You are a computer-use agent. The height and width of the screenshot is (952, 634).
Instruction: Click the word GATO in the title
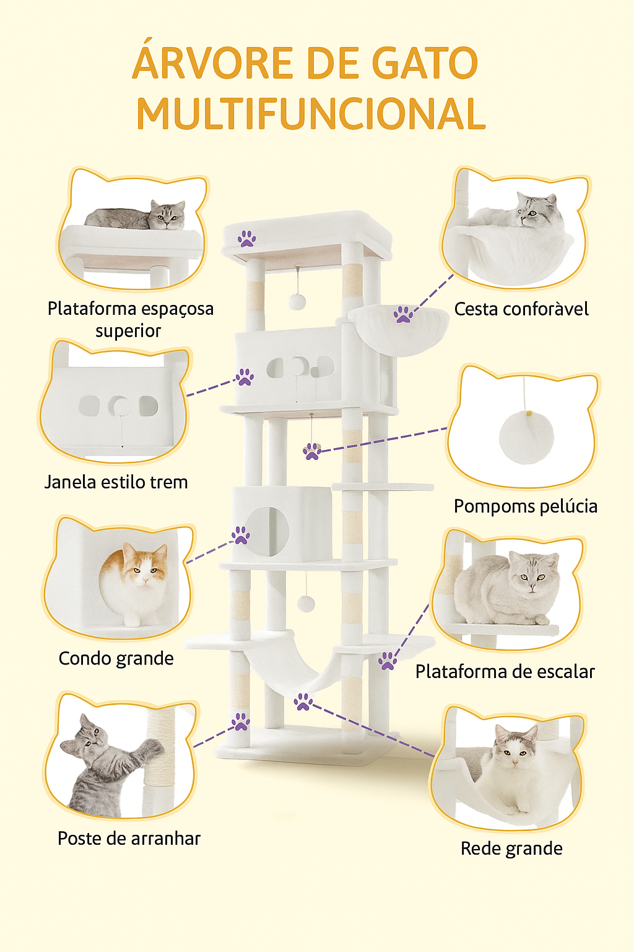424,63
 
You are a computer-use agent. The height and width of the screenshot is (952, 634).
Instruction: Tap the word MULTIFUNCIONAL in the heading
311,114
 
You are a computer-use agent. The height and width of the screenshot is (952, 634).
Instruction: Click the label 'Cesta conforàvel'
521,309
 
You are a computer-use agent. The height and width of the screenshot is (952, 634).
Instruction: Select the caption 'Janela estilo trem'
116,482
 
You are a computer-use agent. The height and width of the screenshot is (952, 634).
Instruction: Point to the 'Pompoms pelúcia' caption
525,506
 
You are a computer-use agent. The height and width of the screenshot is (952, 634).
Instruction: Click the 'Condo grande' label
116,658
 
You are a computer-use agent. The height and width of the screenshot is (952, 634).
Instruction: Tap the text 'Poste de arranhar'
129,838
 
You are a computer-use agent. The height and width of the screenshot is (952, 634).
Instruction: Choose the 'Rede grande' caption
511,848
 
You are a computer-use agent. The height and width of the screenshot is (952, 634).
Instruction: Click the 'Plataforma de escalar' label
505,671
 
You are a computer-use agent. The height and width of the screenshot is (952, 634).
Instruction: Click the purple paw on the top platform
247,239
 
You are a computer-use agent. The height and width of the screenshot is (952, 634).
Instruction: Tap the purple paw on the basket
404,314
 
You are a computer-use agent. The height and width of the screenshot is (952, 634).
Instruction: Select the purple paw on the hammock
303,702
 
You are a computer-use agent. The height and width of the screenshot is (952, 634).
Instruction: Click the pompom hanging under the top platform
298,301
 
